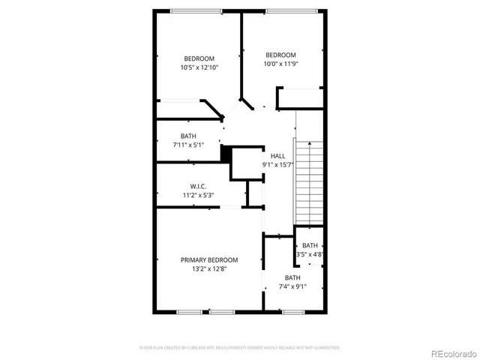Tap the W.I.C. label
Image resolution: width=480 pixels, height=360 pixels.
198,186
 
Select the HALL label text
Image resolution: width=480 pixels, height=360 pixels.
277,156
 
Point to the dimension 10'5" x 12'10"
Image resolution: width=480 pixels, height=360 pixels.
198,67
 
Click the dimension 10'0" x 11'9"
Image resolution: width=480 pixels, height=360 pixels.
280,64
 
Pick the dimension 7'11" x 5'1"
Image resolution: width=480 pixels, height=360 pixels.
187,145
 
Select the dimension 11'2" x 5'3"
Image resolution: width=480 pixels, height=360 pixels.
198,195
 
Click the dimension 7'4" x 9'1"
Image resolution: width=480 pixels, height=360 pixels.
292,286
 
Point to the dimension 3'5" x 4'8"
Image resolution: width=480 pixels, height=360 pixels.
310,254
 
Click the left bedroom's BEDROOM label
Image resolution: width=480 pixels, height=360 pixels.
199,58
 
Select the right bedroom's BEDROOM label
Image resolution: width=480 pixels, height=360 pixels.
280,55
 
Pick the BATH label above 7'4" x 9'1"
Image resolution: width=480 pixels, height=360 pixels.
292,277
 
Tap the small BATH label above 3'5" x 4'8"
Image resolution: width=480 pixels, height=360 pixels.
310,245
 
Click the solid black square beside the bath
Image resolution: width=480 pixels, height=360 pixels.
225,152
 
